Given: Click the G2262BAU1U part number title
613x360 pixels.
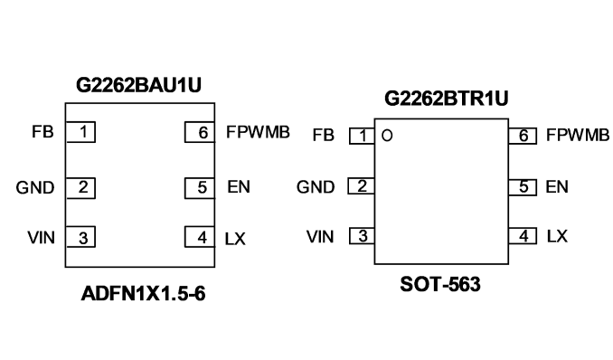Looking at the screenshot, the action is coord(139,85).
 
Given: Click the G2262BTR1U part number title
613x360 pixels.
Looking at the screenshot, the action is coord(447,99).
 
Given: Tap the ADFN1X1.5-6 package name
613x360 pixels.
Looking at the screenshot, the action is coord(143,293).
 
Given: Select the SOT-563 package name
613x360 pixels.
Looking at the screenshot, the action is coord(440,284).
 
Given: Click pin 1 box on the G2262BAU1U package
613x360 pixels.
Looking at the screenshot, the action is coord(81,132).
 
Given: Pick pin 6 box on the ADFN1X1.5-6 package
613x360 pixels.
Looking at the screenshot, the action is coord(200,132).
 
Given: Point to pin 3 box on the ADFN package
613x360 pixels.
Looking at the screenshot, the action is coord(81,237).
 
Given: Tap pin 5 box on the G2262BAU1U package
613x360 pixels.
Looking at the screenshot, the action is coord(200,188).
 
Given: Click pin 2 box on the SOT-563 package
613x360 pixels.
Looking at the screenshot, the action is coord(362,186).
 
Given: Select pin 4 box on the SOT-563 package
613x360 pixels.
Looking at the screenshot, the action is coord(523,236).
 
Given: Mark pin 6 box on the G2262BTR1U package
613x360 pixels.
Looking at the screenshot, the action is coord(523,136).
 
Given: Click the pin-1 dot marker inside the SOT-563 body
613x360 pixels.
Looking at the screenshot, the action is coord(387,136).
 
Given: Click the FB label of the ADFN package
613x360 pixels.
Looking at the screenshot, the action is coord(42,132).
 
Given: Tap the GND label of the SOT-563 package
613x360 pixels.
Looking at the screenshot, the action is coord(316,187).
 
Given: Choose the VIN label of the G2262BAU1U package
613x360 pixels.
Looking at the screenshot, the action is coord(41,238).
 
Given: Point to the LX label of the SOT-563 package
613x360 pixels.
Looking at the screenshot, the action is coord(557,236).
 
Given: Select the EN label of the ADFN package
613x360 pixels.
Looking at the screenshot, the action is coord(239,186).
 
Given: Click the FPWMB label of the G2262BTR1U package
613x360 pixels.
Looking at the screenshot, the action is coord(578,135).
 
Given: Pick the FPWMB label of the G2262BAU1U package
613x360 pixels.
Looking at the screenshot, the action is coord(258,132).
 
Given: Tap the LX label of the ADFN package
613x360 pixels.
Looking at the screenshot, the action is coord(235,238).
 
